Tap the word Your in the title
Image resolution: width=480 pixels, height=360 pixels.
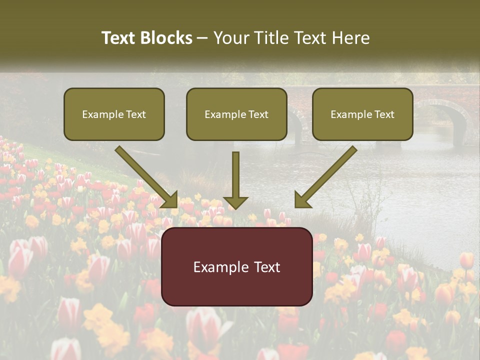click(231, 38)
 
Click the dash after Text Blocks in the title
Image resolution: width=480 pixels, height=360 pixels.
click(202, 38)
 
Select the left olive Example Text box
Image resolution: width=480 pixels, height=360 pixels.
click(114, 114)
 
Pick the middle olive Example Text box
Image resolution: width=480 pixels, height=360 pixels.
click(236, 114)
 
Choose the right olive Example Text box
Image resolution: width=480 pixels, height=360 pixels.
click(362, 114)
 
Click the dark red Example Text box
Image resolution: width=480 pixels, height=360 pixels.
click(236, 266)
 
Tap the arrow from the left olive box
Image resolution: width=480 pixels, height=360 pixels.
click(145, 176)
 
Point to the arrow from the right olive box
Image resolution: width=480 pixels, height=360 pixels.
click(326, 176)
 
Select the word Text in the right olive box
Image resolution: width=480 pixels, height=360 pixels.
click(384, 114)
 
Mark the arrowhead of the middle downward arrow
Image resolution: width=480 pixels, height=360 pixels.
click(235, 202)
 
